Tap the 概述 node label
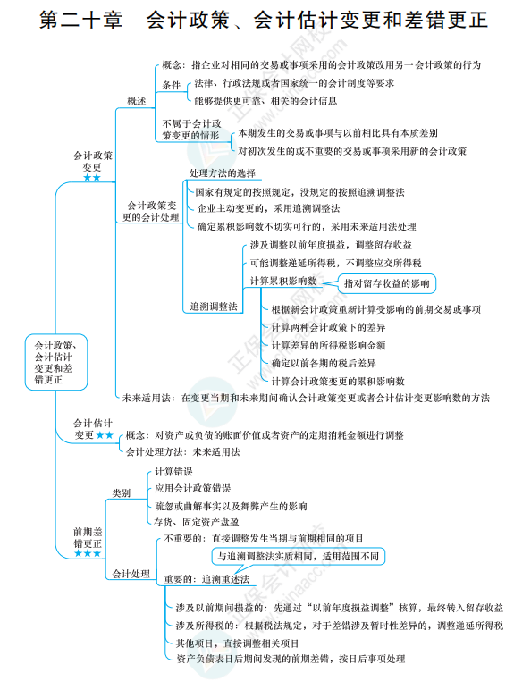pyautogui.click(x=136, y=101)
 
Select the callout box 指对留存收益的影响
pyautogui.click(x=386, y=283)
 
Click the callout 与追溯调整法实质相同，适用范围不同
pyautogui.click(x=299, y=556)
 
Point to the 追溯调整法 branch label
pyautogui.click(x=213, y=306)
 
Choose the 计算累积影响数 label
pyautogui.click(x=283, y=280)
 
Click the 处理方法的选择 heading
pyautogui.click(x=223, y=173)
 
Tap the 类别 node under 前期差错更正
pyautogui.click(x=122, y=492)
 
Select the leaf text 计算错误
pyautogui.click(x=173, y=471)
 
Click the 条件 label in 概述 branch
pyautogui.click(x=171, y=84)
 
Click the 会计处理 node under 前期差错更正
pyautogui.click(x=130, y=573)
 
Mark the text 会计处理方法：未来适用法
pyautogui.click(x=183, y=451)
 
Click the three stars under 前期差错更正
pyautogui.click(x=88, y=553)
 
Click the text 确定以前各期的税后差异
pyautogui.click(x=324, y=363)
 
